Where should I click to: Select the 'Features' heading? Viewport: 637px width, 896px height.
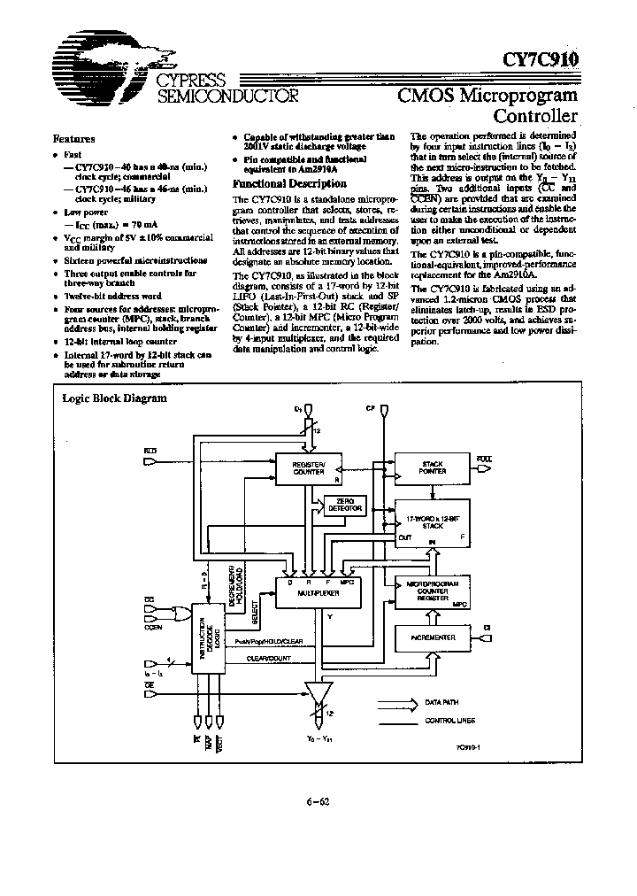coord(74,139)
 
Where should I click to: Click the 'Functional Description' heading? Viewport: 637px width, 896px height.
coord(277,183)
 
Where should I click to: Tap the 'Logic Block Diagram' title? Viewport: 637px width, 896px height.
coord(102,398)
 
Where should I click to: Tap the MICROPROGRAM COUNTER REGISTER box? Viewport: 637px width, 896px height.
coord(431,592)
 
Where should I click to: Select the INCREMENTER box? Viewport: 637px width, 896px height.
coord(432,637)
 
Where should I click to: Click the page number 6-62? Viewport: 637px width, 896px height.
coord(318,803)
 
